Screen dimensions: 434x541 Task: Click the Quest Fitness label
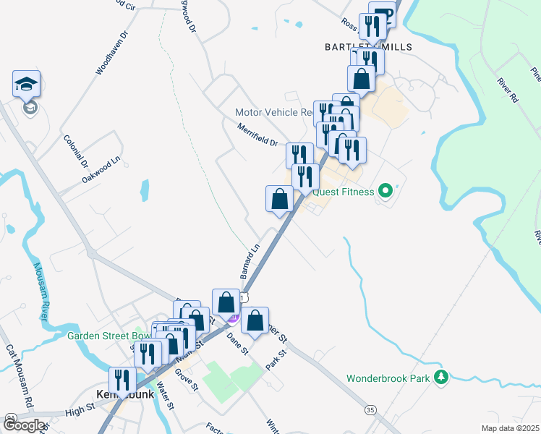tap(344, 192)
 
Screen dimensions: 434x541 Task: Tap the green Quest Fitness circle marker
tap(385, 192)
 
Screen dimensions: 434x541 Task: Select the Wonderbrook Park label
tap(388, 378)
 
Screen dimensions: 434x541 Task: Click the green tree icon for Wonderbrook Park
tap(439, 377)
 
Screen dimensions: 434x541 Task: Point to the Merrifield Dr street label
tap(257, 135)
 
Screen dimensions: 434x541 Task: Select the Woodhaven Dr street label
tap(111, 53)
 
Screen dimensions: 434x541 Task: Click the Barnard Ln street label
tap(250, 262)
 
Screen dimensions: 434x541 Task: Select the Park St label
tap(276, 358)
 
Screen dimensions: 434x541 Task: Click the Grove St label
tap(187, 380)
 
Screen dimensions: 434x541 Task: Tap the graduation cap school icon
tap(26, 84)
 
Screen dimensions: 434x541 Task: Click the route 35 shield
tap(371, 409)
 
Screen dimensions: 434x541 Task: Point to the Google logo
tap(23, 425)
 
